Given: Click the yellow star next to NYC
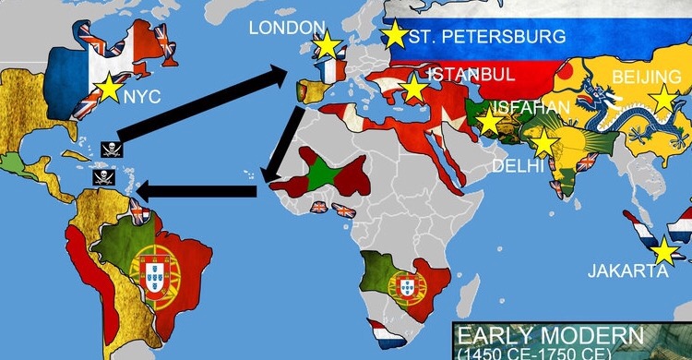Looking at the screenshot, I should [109, 87].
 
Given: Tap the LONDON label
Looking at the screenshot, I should [287, 28].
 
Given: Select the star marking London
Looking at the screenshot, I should [325, 45].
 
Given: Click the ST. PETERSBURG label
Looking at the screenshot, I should [486, 38].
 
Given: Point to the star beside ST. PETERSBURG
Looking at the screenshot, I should [395, 35].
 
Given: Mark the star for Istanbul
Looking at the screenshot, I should [414, 90].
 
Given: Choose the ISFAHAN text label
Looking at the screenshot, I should [531, 107].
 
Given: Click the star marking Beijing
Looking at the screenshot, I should [662, 99].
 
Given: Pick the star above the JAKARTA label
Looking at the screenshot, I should [663, 250].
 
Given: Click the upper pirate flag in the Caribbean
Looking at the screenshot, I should [108, 147].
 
